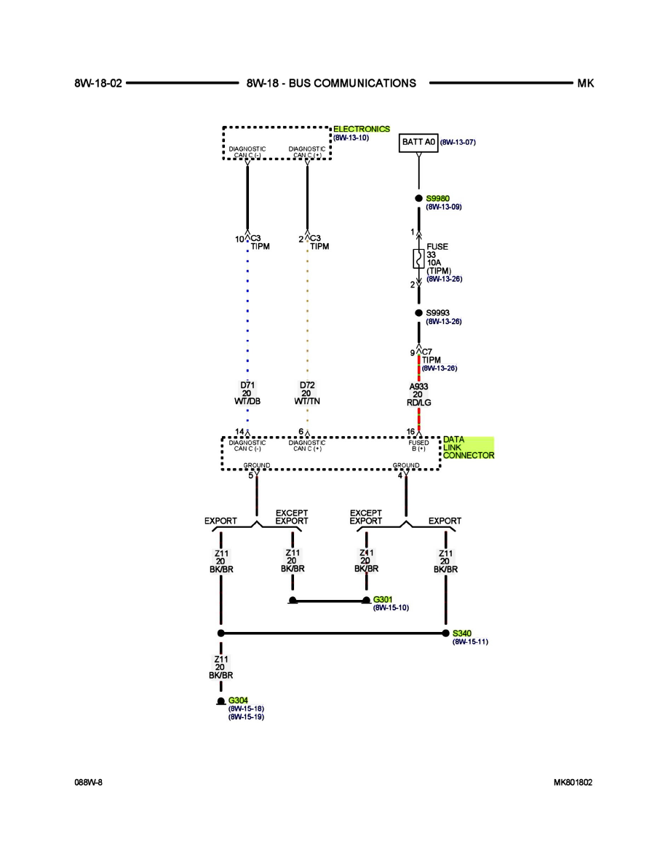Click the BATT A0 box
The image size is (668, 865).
[x=418, y=142]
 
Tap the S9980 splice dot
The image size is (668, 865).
[x=418, y=198]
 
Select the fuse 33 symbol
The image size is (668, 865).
[x=418, y=258]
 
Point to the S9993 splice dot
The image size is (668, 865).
[x=418, y=313]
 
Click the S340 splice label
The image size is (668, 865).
[x=462, y=633]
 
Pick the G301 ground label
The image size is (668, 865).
[x=382, y=599]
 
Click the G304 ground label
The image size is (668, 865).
[x=238, y=700]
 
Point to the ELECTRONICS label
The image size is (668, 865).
[x=362, y=129]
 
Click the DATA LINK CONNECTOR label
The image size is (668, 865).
[x=468, y=448]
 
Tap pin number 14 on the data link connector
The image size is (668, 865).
[x=239, y=432]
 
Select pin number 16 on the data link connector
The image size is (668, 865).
[x=410, y=432]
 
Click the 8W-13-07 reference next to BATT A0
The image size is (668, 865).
[x=458, y=142]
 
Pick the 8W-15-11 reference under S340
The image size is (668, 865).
[x=470, y=642]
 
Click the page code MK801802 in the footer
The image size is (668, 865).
[x=573, y=782]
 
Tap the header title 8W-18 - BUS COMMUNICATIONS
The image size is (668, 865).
[x=331, y=83]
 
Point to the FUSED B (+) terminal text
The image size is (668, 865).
[x=418, y=445]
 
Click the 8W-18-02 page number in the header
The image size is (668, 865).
[x=98, y=83]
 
